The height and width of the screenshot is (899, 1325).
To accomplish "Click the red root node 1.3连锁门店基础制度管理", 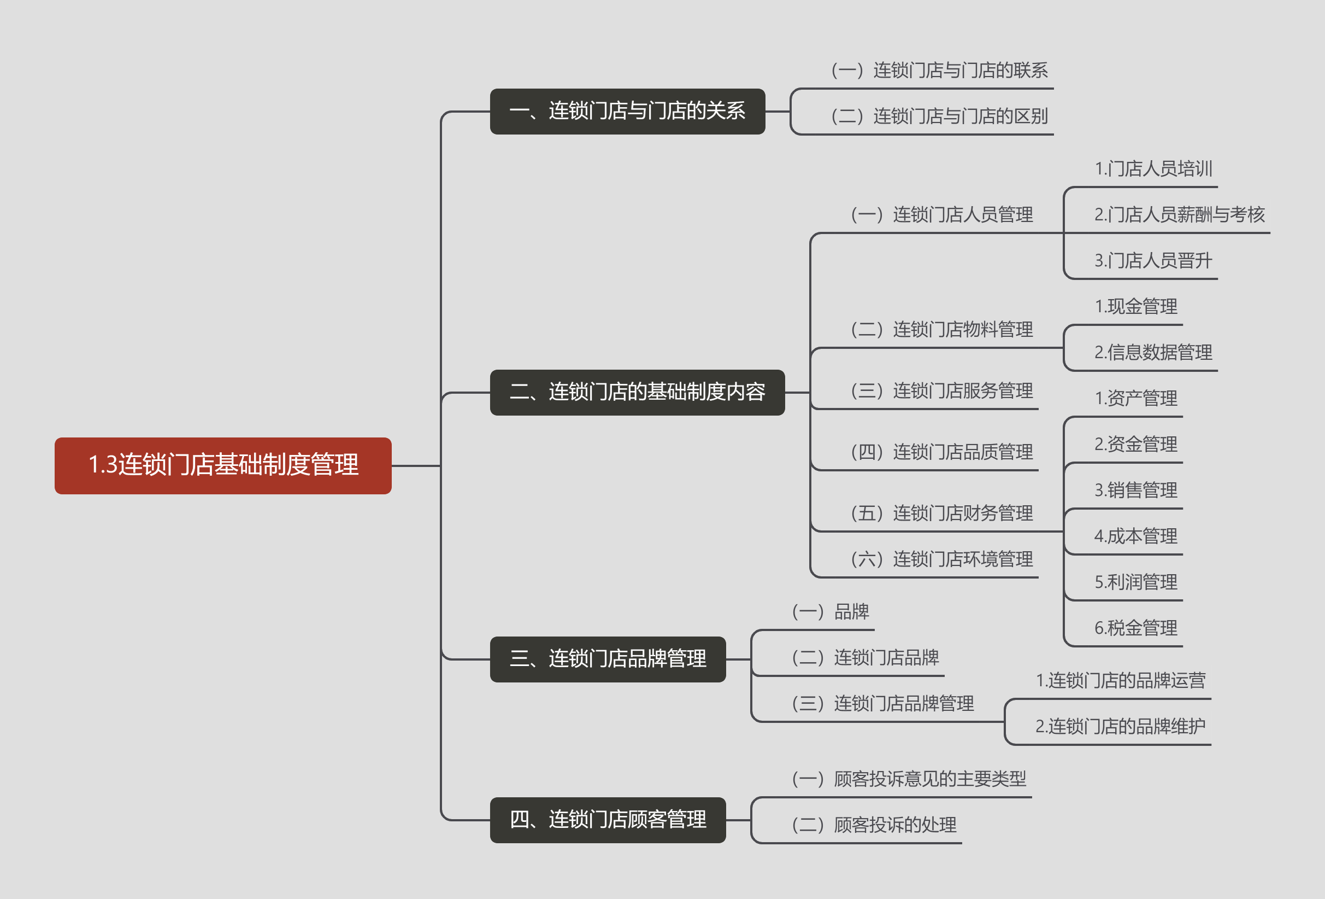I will pos(223,465).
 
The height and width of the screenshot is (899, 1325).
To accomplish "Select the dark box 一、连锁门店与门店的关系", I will pos(627,111).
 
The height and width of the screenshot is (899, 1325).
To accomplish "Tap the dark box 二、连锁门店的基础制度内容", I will pos(637,392).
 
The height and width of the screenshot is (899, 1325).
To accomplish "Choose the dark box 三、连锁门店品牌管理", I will pos(608,659).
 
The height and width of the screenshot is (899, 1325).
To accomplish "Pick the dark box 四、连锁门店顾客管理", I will pos(608,820).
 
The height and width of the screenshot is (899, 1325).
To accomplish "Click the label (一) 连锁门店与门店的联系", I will pos(939,70).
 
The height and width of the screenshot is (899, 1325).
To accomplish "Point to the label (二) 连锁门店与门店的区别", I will pos(939,116).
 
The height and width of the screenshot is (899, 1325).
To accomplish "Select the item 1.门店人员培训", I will pos(1153,169).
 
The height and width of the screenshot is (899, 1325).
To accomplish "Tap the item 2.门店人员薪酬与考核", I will pos(1179,214).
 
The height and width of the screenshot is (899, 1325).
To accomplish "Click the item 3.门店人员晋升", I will pos(1153,261).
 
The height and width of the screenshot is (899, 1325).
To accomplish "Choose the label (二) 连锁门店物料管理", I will pos(941,329).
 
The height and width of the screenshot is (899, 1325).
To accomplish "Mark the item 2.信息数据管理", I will pos(1153,353).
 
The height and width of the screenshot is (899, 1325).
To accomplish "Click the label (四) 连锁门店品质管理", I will pos(941,452).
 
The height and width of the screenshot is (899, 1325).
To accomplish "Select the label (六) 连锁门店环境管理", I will pos(941,559).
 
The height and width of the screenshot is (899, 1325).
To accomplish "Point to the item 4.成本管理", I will pos(1135,536).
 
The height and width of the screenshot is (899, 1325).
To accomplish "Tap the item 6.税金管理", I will pos(1135,628).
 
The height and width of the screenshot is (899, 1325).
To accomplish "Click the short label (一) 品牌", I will pos(830,611).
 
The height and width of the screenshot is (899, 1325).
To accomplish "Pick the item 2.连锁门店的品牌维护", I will pos(1120,726).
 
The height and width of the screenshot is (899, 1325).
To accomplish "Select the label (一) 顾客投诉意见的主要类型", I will pos(909,779).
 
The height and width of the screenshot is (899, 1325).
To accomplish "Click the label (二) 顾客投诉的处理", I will pos(874,825).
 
